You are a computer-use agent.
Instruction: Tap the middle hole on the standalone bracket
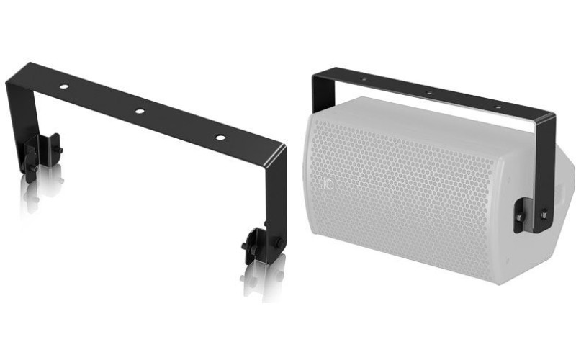point(140,112)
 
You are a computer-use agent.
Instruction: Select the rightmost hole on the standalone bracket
point(220,137)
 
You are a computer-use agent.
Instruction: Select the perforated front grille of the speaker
point(403,194)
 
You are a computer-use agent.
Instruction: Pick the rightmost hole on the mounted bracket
point(496,107)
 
